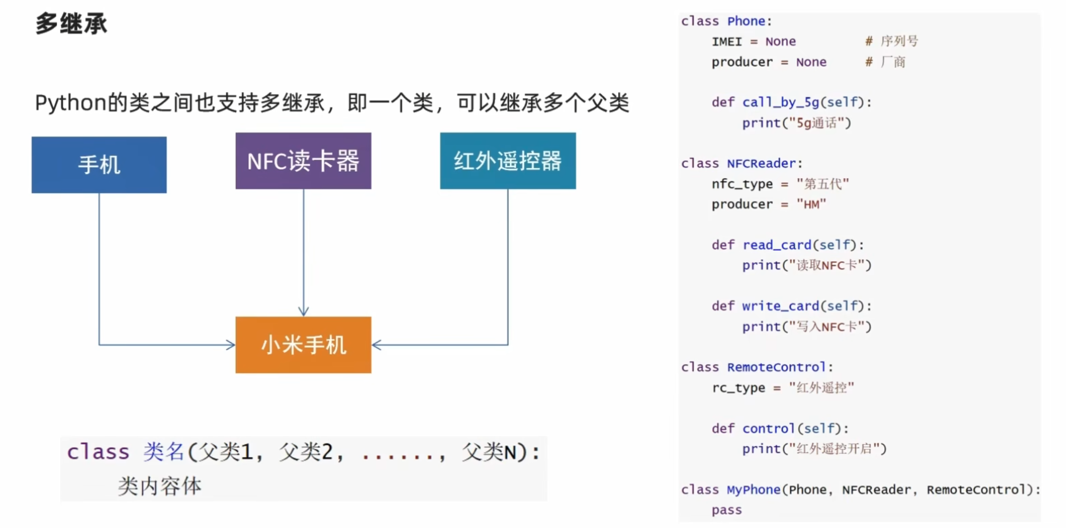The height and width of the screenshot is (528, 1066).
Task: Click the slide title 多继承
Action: (x=71, y=23)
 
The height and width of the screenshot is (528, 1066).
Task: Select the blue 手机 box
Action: (x=99, y=164)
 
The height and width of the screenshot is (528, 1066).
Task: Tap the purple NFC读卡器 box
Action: (x=303, y=161)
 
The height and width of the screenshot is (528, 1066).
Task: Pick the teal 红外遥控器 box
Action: (x=508, y=161)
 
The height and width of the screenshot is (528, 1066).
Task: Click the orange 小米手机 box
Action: (x=303, y=345)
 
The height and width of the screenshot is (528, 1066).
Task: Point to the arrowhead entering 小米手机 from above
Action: (x=304, y=311)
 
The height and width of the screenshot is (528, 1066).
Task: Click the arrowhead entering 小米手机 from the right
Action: (x=377, y=345)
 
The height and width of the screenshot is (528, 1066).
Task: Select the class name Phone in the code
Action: (x=746, y=21)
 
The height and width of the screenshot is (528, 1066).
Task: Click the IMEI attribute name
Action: (x=726, y=42)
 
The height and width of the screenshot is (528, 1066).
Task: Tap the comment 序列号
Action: (x=899, y=41)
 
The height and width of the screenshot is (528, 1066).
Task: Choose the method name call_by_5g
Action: (x=781, y=103)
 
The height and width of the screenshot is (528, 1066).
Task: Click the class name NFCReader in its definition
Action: (x=761, y=163)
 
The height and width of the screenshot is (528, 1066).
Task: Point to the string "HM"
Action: (x=811, y=204)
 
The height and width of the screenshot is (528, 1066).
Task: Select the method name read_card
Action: (x=777, y=245)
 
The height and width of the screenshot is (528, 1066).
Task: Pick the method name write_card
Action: (x=781, y=306)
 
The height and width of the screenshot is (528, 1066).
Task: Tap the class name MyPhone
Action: (x=753, y=490)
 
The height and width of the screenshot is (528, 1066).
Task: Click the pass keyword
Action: (x=726, y=510)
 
